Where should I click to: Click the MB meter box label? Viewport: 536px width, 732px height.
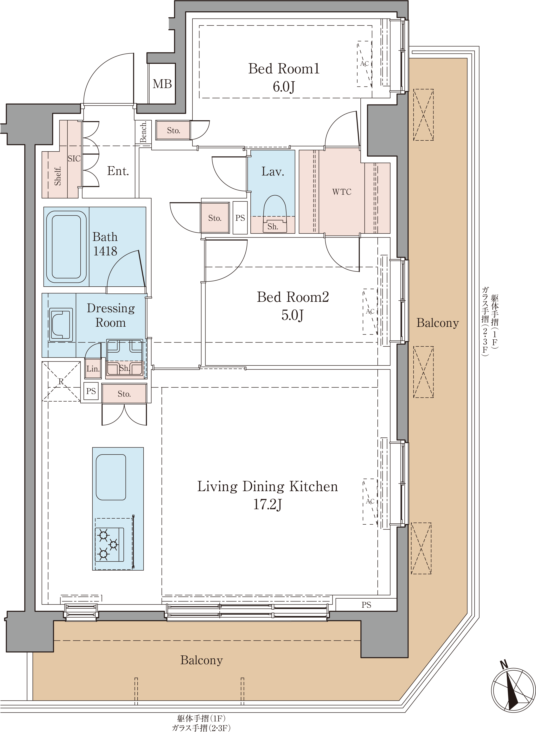[162, 84]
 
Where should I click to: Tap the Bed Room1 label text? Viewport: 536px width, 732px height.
[284, 68]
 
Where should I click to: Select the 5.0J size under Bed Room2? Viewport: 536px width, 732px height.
[292, 315]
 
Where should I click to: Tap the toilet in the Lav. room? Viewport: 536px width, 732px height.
[275, 213]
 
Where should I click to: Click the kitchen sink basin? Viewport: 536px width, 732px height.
[111, 477]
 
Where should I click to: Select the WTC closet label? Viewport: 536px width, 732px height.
[342, 192]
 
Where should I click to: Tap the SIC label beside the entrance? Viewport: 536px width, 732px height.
[74, 158]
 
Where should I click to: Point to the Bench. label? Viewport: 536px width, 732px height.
[143, 132]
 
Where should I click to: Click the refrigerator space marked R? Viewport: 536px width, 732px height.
[61, 381]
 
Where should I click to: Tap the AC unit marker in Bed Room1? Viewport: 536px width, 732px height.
[364, 64]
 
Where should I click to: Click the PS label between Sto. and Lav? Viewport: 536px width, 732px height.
[240, 218]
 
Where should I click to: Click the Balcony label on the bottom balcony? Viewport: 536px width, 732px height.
[202, 660]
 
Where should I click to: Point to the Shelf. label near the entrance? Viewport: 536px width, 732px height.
[58, 176]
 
